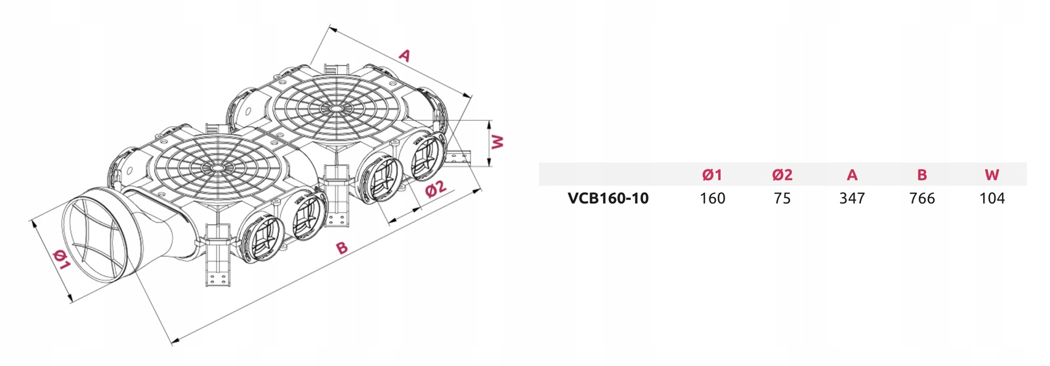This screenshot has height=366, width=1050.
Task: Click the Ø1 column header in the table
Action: [712, 175]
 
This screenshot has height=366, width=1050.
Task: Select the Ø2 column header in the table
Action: [782, 175]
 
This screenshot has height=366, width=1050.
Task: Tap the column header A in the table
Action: [852, 175]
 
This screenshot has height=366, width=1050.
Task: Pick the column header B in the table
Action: [922, 175]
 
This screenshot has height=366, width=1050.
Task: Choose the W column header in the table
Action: [992, 175]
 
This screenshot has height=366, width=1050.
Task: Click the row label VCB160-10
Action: [608, 198]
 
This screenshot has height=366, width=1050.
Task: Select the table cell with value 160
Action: [712, 198]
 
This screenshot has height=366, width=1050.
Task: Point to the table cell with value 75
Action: [782, 198]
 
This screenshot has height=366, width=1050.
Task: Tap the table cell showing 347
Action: [852, 198]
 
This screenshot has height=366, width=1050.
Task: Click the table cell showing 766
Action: [922, 198]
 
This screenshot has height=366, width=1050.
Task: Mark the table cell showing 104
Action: [992, 198]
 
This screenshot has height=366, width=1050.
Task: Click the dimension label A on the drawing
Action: [405, 55]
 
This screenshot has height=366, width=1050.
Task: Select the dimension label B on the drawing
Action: [341, 248]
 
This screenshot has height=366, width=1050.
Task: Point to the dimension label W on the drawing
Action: [498, 141]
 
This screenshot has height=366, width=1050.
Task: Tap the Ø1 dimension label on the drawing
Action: [60, 260]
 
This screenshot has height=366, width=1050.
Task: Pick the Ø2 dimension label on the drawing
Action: [436, 189]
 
